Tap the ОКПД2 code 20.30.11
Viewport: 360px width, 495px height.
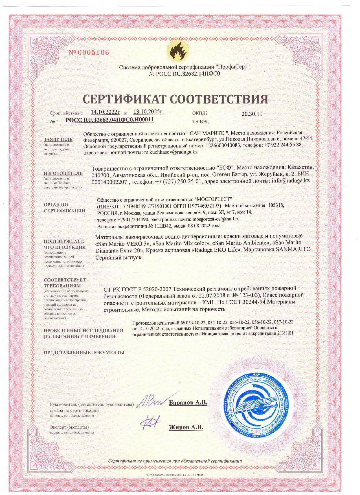pyautogui.click(x=252, y=114)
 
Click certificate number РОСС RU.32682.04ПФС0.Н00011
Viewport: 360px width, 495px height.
pyautogui.click(x=109, y=120)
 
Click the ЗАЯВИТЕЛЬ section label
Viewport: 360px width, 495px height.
pyautogui.click(x=58, y=139)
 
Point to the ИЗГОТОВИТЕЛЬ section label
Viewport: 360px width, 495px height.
pyautogui.click(x=63, y=173)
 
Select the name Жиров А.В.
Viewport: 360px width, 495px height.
pyautogui.click(x=186, y=427)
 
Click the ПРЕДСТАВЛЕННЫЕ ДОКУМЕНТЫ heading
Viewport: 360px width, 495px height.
pyautogui.click(x=84, y=352)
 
